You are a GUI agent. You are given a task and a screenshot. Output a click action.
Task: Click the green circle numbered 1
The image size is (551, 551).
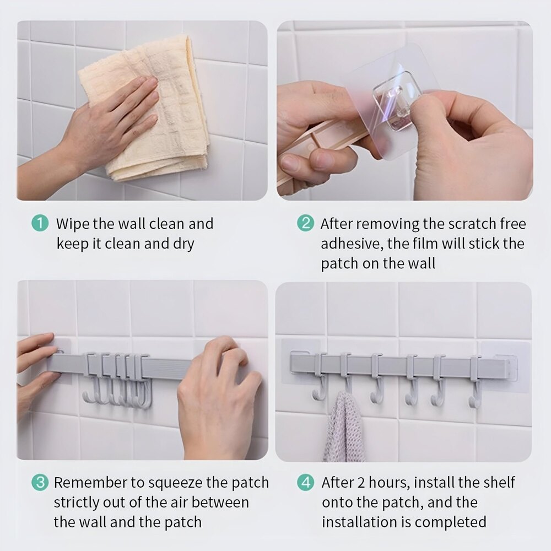click(x=40, y=223)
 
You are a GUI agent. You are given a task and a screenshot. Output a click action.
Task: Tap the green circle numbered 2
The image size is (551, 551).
click(x=305, y=223)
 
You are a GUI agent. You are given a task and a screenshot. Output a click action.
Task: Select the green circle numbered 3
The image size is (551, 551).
click(x=40, y=482)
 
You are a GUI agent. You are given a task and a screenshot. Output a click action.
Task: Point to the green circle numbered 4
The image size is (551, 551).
click(x=305, y=482)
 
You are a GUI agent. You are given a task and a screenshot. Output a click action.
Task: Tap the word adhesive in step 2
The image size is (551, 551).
click(x=352, y=244)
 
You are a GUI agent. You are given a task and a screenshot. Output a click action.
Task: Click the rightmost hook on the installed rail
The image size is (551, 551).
click(x=475, y=382)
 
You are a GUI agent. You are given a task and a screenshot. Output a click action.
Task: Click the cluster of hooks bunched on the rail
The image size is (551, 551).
click(x=117, y=381)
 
